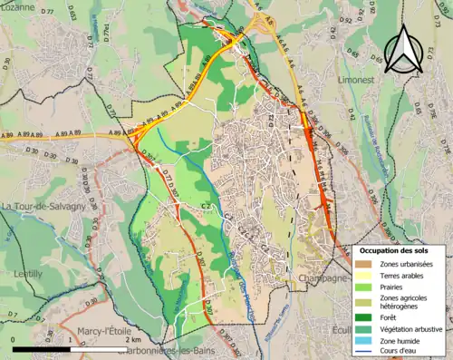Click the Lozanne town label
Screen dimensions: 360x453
click(x=19, y=5)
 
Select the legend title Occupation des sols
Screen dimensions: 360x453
click(x=396, y=249)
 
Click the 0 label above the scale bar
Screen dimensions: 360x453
click(x=14, y=339)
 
